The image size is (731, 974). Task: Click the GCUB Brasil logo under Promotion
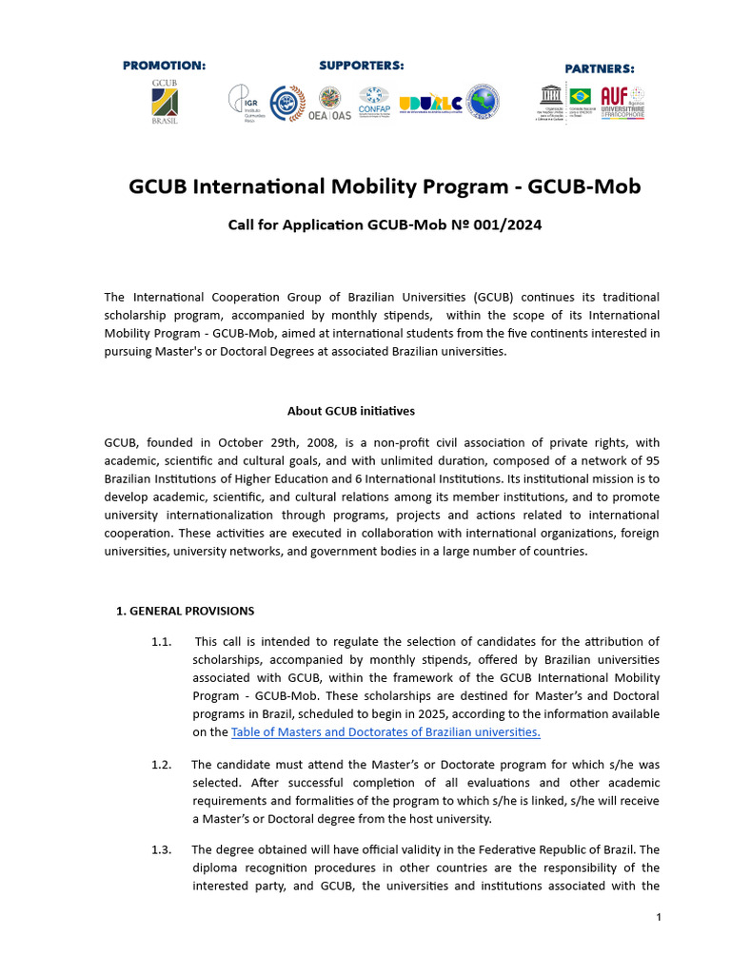165,102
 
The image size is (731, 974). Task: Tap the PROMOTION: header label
164,66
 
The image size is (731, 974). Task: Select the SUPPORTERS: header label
361,65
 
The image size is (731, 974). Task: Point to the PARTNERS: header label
600,68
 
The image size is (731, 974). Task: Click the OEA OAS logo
330,103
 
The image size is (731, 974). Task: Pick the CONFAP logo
374,102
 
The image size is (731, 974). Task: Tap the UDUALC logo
430,103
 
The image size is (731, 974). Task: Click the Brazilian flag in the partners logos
580,96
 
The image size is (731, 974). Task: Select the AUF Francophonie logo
622,101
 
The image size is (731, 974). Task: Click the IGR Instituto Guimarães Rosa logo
243,102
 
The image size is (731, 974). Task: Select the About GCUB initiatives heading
351,411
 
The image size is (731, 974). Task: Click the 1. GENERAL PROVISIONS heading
185,611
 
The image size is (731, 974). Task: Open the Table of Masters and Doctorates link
385,731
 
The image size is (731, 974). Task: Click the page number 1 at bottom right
658,917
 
